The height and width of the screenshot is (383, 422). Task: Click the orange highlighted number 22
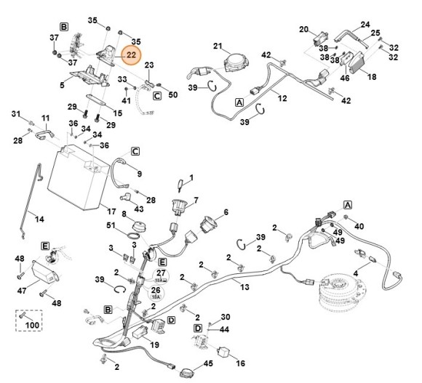coord(131,55)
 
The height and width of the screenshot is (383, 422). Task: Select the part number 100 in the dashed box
coord(32,325)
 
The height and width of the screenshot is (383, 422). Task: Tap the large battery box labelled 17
coord(79,177)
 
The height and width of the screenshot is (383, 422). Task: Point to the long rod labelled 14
coord(31,201)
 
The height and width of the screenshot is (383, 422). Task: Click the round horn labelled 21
coord(235,63)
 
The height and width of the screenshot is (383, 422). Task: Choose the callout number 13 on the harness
coord(244,287)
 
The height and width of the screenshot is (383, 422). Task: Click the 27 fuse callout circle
coord(161,275)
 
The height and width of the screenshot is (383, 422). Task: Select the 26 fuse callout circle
coord(156,292)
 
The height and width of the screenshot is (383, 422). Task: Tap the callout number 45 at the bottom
coord(208,363)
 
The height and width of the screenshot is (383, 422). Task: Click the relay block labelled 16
coord(223,352)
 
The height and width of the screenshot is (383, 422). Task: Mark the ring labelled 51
coord(134,236)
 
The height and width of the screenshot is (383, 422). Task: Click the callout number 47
coord(22,291)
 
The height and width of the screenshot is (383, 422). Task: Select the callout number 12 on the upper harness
coord(282,98)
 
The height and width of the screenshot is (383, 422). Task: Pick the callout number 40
coord(359,226)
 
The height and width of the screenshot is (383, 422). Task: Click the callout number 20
coord(304,29)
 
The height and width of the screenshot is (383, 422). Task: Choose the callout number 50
coord(173,94)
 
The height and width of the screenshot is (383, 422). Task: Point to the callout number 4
coord(356,274)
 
